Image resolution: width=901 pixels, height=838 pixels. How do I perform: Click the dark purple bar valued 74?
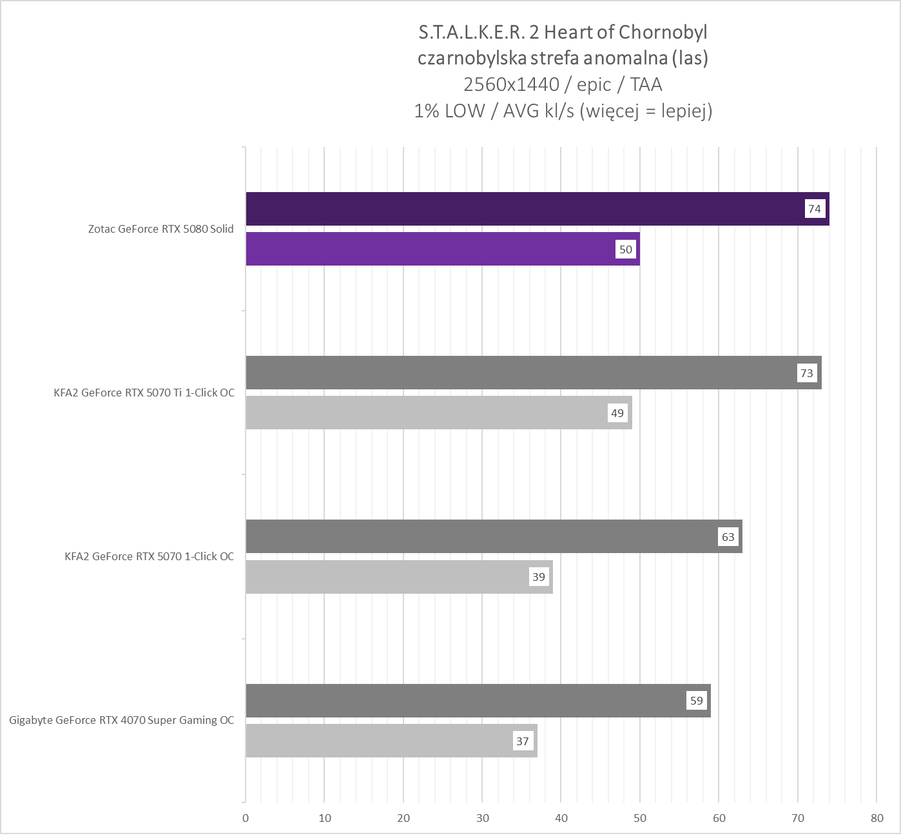[x=537, y=209]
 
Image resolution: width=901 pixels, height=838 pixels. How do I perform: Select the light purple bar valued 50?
[x=442, y=249]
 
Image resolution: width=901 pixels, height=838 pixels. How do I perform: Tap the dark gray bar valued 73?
[x=533, y=373]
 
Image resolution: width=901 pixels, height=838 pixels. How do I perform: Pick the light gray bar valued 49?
[x=438, y=413]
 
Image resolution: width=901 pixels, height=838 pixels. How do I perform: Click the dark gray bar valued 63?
[x=494, y=536]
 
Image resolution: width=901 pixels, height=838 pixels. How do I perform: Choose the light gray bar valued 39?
[x=399, y=577]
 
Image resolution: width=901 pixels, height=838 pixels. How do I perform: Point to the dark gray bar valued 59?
[x=478, y=701]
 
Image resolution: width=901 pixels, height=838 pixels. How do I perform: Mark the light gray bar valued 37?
[x=391, y=741]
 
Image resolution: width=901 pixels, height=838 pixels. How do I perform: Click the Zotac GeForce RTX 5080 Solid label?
[x=161, y=229]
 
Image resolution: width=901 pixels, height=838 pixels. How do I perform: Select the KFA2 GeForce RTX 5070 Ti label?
[x=144, y=393]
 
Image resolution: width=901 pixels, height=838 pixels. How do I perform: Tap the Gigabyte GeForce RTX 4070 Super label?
[x=122, y=720]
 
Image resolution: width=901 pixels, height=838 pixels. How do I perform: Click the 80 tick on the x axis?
[x=877, y=818]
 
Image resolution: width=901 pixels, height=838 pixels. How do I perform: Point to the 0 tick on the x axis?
[x=246, y=818]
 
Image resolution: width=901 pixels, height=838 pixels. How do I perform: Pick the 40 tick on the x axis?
[x=561, y=818]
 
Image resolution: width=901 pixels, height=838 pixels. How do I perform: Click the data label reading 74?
[x=815, y=209]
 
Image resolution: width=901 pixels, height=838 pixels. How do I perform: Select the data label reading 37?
[x=523, y=741]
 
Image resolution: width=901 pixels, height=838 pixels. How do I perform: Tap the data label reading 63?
[x=728, y=537]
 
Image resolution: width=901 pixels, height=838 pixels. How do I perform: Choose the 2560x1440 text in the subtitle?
[x=511, y=84]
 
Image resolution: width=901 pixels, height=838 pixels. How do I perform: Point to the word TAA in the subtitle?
[x=646, y=84]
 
